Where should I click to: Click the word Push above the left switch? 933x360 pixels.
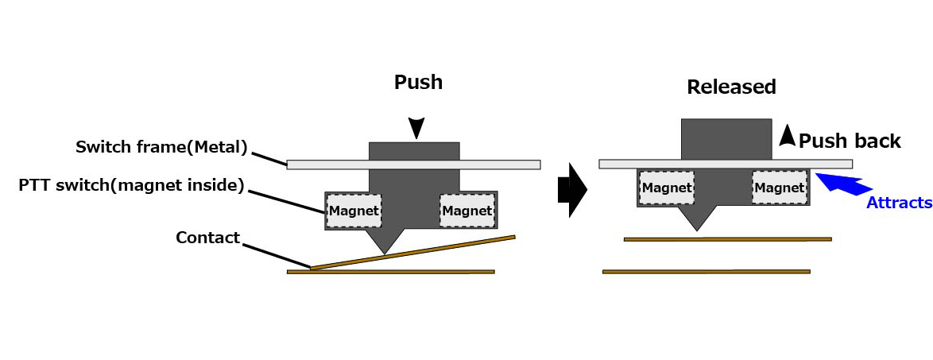[x=418, y=82]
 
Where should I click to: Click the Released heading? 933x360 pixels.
[x=731, y=87]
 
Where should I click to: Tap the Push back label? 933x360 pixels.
[x=850, y=141]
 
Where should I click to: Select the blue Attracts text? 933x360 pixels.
[x=899, y=203]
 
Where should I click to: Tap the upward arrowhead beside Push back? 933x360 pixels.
[x=786, y=136]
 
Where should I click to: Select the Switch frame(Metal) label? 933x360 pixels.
[x=162, y=147]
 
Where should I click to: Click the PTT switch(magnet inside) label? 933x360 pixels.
[x=131, y=186]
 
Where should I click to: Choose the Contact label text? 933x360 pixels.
[x=207, y=237]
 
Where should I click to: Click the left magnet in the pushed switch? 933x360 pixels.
[x=354, y=211]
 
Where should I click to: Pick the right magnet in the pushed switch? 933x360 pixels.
[x=466, y=211]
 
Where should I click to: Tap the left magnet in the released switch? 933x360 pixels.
[x=667, y=188]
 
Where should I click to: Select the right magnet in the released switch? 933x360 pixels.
[x=780, y=188]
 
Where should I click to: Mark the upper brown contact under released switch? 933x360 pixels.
[x=727, y=238]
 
